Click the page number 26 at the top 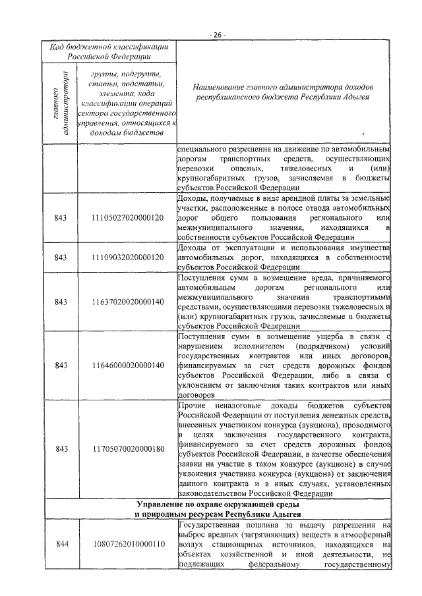[218, 34]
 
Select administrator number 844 [62, 544]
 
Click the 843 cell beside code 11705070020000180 [62, 448]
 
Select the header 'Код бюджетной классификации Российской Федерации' [110, 52]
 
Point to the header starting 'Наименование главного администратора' [285, 92]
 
